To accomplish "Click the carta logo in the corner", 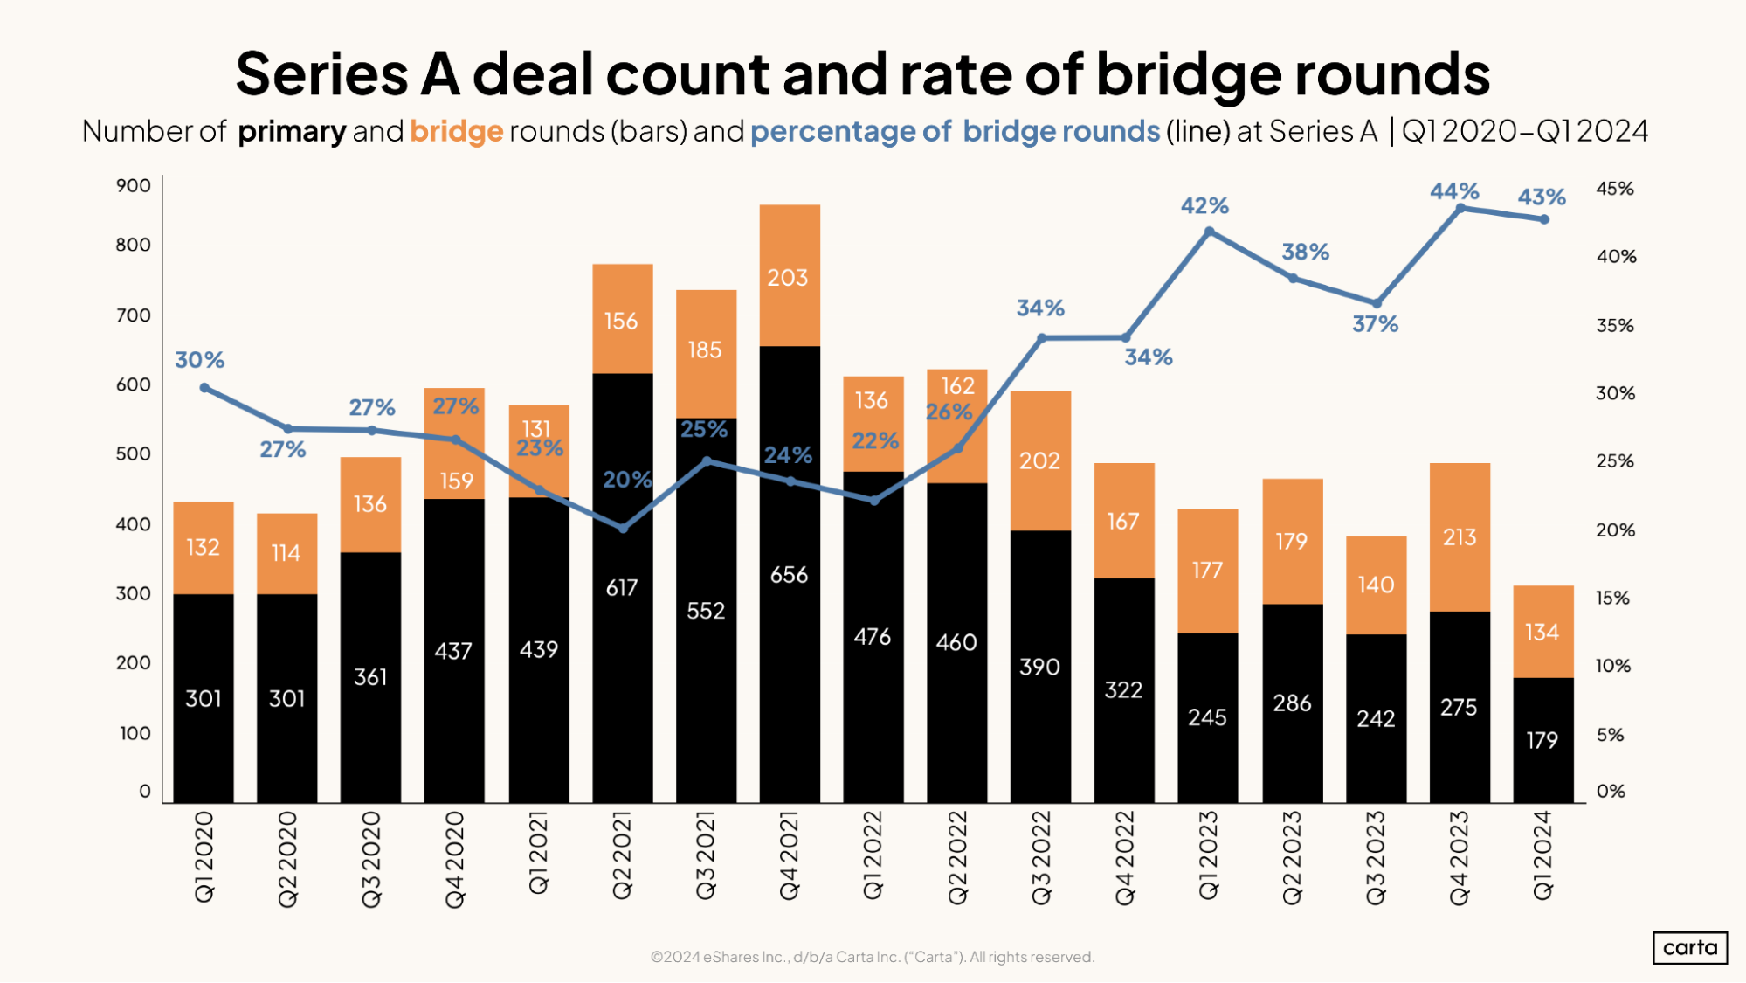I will (x=1689, y=947).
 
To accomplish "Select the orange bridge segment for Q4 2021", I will (x=790, y=277).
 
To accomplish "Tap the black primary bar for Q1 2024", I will (x=1542, y=739).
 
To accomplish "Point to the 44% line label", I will (x=1454, y=190).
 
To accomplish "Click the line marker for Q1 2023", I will (x=1209, y=232).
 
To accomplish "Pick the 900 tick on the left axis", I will (x=133, y=185).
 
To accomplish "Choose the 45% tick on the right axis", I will (x=1614, y=189).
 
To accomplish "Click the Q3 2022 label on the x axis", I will (x=1041, y=857).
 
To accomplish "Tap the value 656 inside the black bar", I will (x=789, y=574).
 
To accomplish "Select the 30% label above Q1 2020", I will (x=200, y=360).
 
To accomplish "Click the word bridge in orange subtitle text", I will (x=456, y=131).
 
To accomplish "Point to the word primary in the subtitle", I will (x=292, y=131).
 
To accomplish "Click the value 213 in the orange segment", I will (x=1459, y=536).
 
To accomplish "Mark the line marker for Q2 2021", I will (x=623, y=528).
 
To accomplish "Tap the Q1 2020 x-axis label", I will (x=204, y=857).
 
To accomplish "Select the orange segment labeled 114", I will (x=286, y=553).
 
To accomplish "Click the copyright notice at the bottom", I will (x=872, y=957).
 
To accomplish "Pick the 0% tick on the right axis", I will (x=1611, y=791).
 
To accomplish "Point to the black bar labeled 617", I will (x=622, y=587).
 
